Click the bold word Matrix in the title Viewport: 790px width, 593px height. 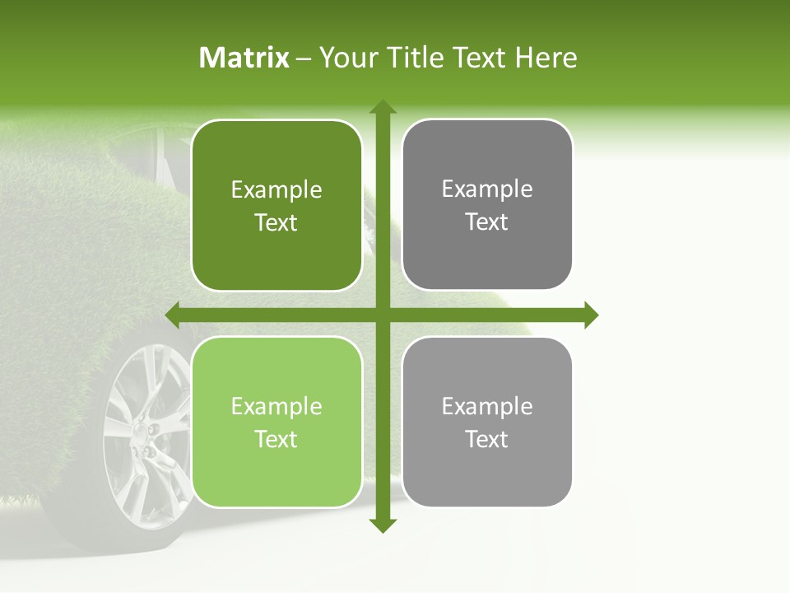(244, 58)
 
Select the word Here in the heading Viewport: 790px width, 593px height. (546, 58)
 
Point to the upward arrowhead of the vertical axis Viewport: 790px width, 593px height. (383, 106)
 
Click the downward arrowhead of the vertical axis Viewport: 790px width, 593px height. (383, 525)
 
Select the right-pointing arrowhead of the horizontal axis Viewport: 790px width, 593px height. (592, 315)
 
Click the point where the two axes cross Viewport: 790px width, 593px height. (383, 315)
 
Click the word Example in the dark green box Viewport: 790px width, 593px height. (276, 190)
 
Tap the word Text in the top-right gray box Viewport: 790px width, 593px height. (487, 222)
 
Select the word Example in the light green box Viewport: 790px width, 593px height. (276, 407)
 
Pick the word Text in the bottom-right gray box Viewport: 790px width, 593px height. (487, 440)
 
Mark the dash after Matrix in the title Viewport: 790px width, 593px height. (304, 58)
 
